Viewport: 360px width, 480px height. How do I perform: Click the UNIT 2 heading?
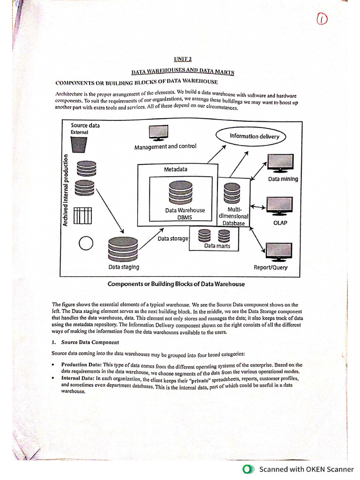point(183,59)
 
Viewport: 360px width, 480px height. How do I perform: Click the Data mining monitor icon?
point(280,164)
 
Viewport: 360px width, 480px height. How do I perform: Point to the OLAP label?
point(280,223)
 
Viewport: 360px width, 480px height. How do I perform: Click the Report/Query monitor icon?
point(278,252)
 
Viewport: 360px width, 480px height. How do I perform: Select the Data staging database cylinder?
point(123,248)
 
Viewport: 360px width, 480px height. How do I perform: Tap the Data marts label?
point(217,246)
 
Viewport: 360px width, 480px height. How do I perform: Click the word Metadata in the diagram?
point(175,169)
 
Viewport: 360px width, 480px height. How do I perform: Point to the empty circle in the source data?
point(86,243)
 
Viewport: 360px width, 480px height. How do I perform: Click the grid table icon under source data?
point(82,216)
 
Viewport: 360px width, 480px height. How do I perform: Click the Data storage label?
point(172,239)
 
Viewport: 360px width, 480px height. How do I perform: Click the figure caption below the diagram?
point(176,284)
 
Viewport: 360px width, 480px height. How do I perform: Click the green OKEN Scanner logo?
point(247,469)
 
